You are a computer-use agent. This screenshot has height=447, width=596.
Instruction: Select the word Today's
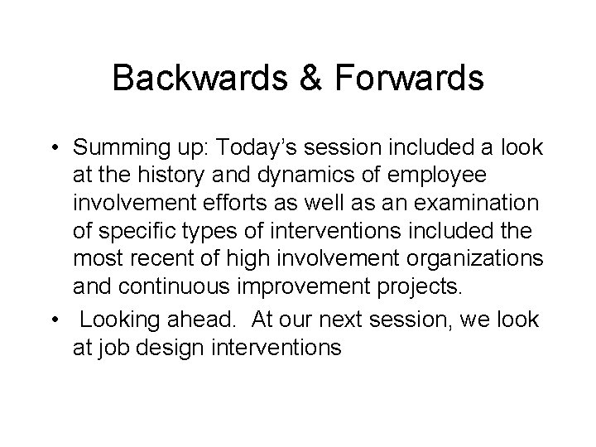tap(252, 148)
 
